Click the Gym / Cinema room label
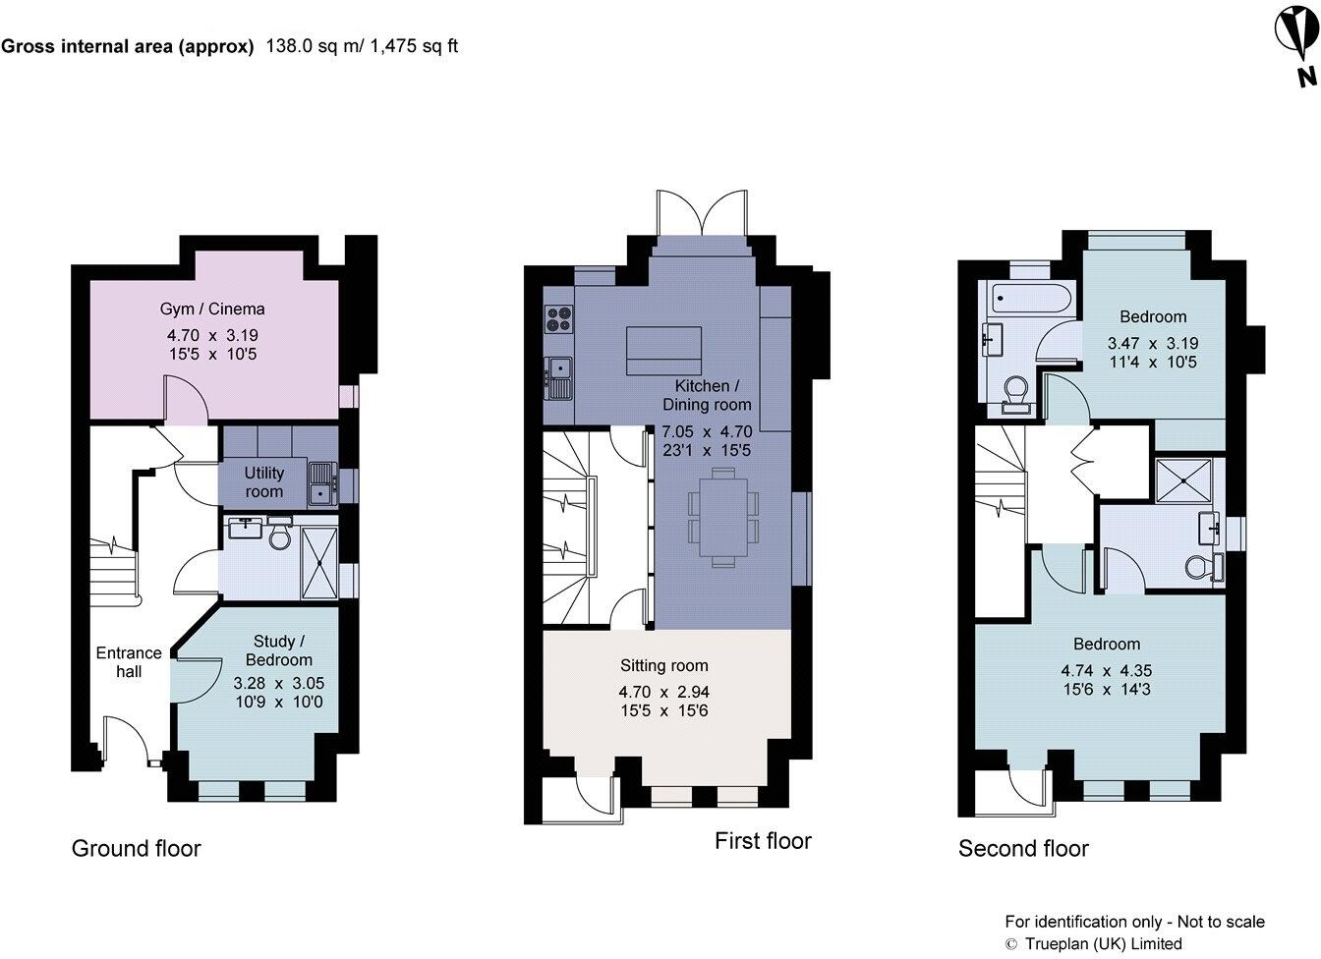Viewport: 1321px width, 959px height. coord(212,309)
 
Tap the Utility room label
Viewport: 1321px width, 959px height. coord(264,482)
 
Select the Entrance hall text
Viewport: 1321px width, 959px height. coord(129,662)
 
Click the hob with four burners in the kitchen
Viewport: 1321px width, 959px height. coord(558,319)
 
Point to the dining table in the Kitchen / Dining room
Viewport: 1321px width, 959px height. coord(723,517)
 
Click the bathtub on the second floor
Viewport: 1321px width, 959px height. coord(1030,300)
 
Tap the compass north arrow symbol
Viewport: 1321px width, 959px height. coord(1296,48)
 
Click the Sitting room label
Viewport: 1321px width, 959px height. coord(664,665)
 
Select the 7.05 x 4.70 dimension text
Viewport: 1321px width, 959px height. coord(707,431)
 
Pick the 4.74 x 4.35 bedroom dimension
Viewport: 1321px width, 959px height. coord(1107,670)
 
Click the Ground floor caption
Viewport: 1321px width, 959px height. coord(137,849)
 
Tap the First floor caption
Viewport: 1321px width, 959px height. coord(763,841)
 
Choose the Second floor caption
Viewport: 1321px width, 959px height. coord(1023,849)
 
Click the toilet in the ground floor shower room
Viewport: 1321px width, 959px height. coord(279,533)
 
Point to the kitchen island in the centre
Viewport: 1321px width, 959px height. coord(664,351)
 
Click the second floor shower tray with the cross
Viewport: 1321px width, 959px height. coord(1183,480)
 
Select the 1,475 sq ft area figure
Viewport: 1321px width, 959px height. coord(414,46)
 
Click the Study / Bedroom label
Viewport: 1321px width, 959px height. coord(279,650)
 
